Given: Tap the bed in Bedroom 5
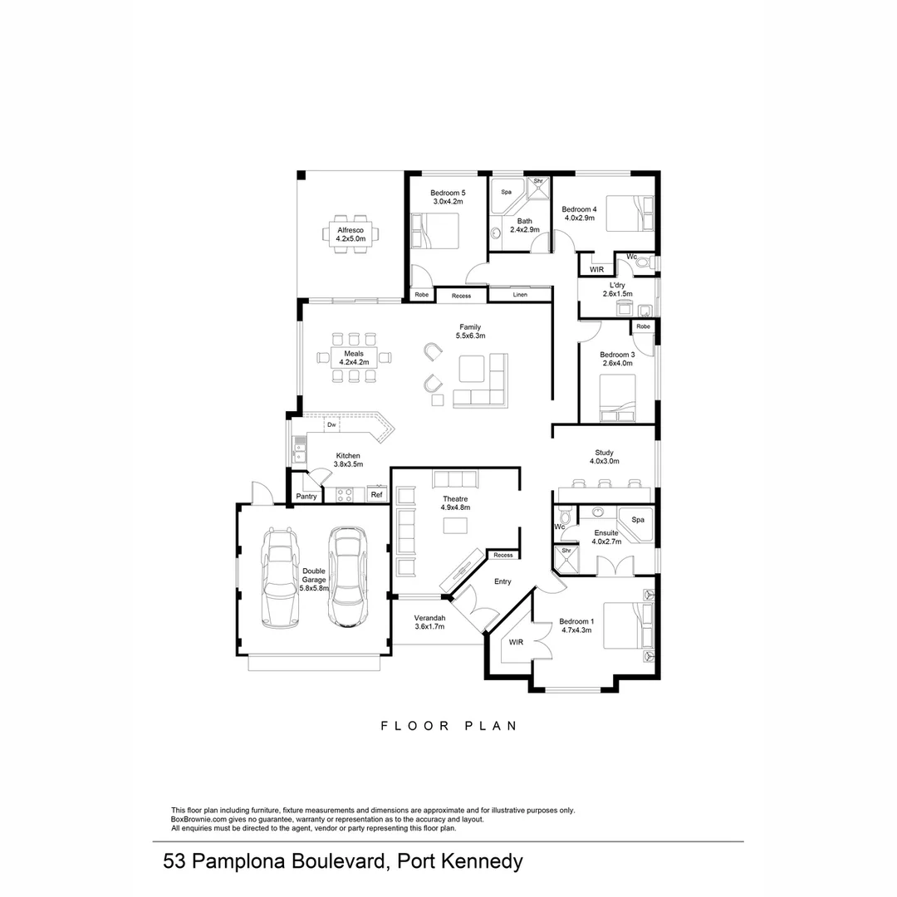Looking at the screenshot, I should click(435, 230).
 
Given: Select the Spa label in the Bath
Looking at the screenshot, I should click(506, 192).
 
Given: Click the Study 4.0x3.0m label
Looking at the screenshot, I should click(605, 457).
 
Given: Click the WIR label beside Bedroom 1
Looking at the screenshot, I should click(515, 642).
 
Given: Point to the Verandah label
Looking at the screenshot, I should click(430, 622).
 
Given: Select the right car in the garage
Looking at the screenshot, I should click(348, 577).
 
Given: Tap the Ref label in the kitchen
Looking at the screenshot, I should click(376, 495).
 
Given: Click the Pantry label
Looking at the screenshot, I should click(306, 497).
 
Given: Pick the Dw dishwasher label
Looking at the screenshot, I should click(331, 424).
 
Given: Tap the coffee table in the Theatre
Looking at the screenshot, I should click(455, 525).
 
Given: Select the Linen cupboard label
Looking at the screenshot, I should click(520, 295).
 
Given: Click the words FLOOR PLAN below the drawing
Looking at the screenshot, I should click(448, 725).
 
